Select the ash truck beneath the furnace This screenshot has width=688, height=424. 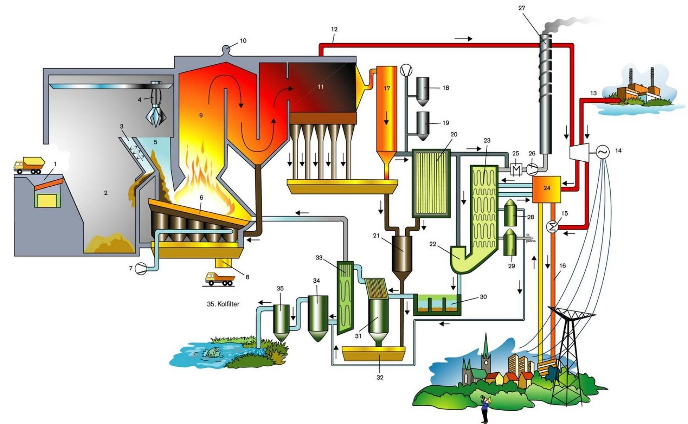219,279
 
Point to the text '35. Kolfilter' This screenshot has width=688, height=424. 223,304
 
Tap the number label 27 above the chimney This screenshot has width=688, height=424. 521,8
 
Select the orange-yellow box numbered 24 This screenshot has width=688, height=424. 546,189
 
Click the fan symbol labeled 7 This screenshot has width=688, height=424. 141,268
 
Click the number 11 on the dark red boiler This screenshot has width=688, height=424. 321,87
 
